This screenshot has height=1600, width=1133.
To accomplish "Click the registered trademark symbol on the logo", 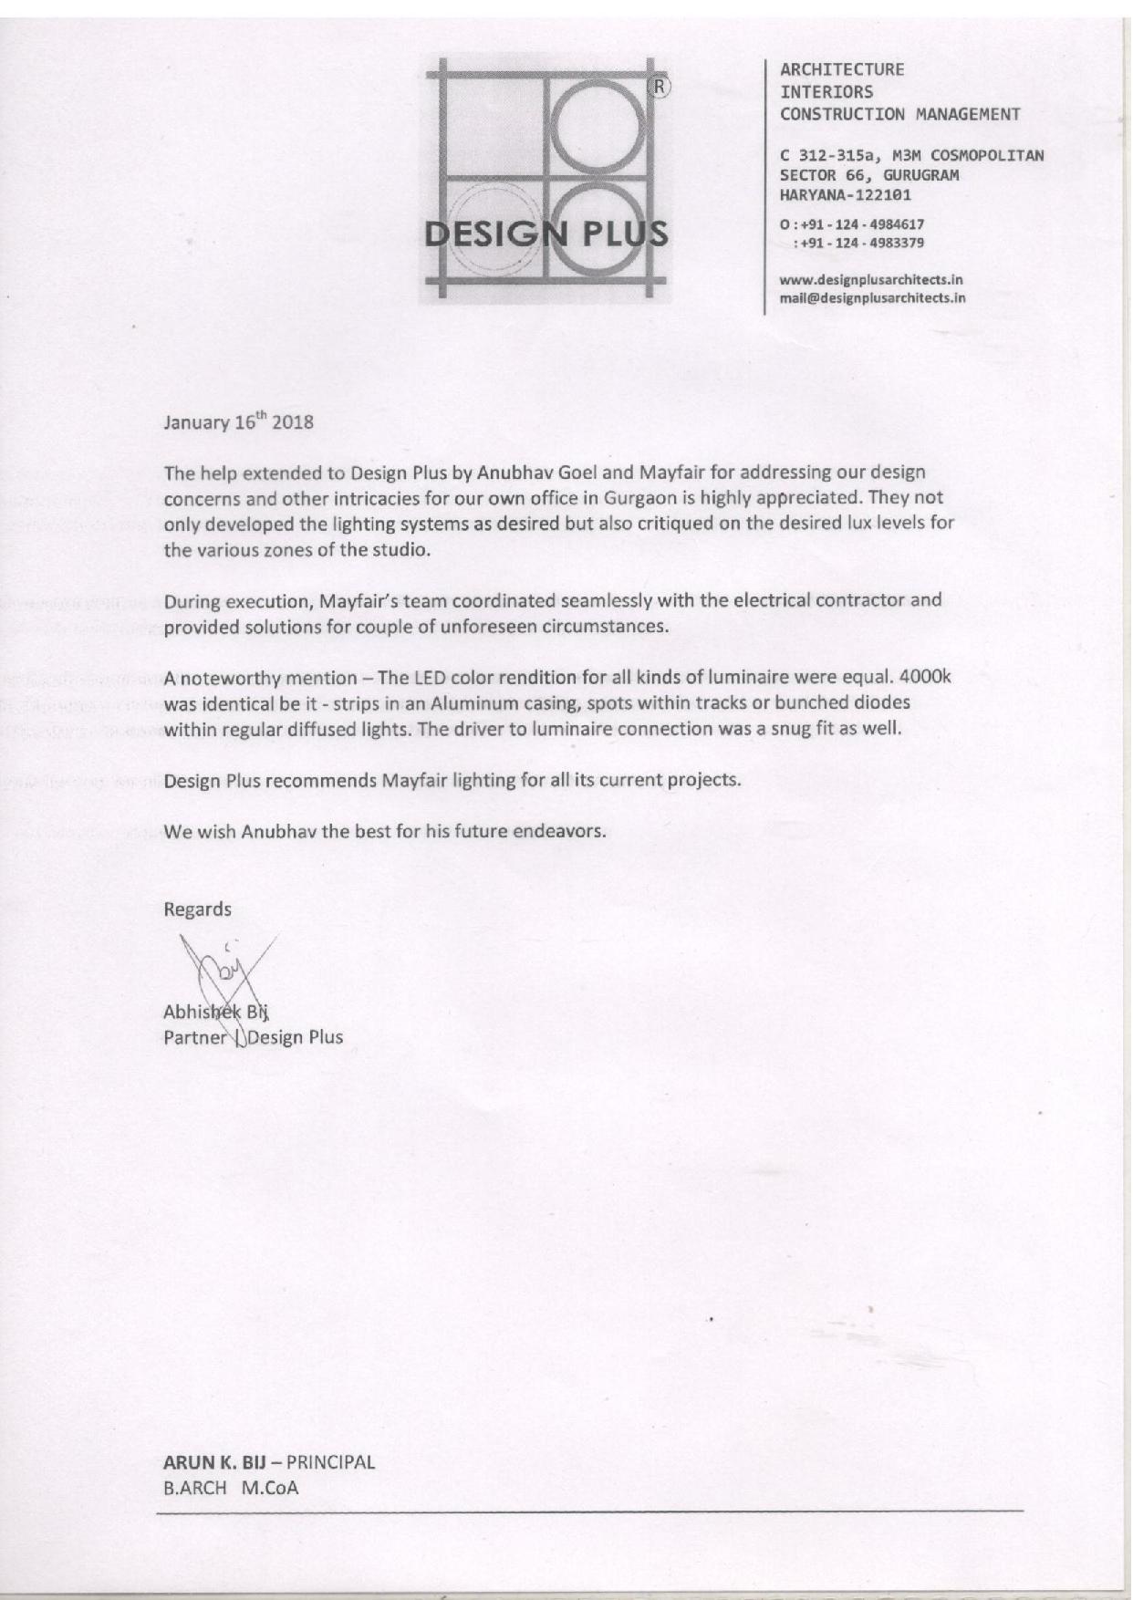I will pyautogui.click(x=659, y=88).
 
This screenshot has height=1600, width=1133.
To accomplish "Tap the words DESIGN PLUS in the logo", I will pyautogui.click(x=546, y=234).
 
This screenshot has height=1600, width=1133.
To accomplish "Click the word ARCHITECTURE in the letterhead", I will pyautogui.click(x=842, y=69).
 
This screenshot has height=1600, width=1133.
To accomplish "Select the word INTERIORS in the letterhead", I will pyautogui.click(x=826, y=92).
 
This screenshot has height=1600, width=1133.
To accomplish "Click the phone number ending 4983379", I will pyautogui.click(x=860, y=244).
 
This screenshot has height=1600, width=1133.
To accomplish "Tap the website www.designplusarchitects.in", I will pyautogui.click(x=871, y=280).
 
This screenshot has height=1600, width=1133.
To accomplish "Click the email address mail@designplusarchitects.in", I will pyautogui.click(x=873, y=297).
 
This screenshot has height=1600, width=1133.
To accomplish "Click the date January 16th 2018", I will pyautogui.click(x=238, y=422).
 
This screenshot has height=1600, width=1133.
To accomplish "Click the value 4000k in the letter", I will pyautogui.click(x=925, y=678).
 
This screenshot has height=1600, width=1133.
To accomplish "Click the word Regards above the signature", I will pyautogui.click(x=197, y=909).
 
